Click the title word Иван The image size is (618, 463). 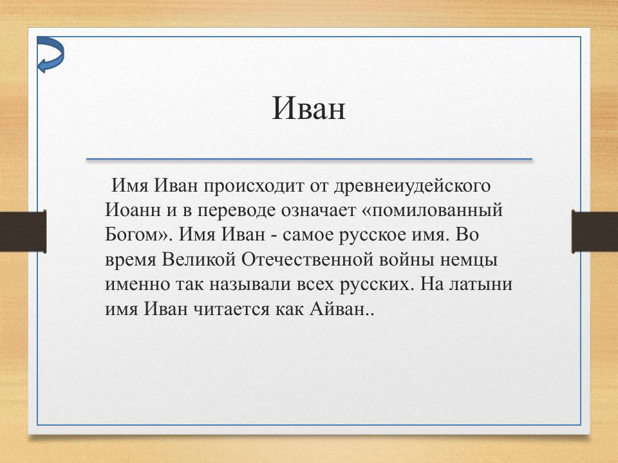(x=308, y=109)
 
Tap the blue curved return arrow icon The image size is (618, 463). (x=50, y=54)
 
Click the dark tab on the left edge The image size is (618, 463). (x=23, y=231)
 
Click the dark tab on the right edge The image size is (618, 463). (x=595, y=231)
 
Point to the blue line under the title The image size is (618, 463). (x=309, y=159)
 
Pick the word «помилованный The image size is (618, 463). (x=434, y=211)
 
